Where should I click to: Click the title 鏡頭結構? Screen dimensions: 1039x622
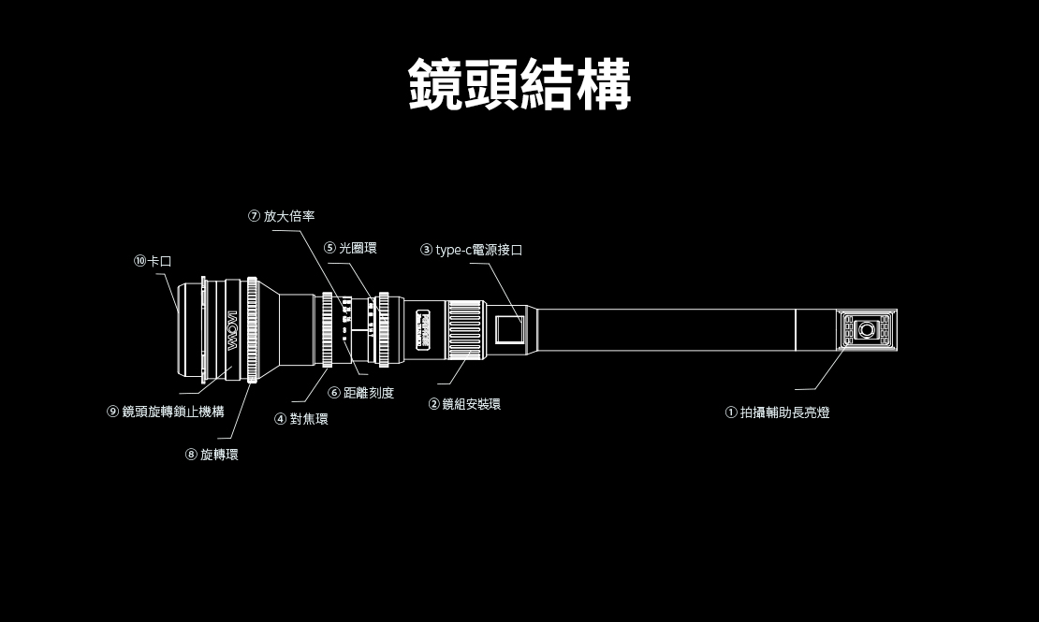(519, 84)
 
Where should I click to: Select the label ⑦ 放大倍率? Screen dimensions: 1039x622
(282, 216)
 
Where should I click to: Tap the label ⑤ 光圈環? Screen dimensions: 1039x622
(350, 248)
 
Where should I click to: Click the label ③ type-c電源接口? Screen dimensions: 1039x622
(471, 250)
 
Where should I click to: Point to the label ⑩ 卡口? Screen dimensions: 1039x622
(153, 261)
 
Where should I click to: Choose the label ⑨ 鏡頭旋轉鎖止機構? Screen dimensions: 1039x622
(166, 412)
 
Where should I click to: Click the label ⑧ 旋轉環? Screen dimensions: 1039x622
(212, 455)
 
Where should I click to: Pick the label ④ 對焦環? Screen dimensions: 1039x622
(300, 419)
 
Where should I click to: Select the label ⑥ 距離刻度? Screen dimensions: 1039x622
(361, 393)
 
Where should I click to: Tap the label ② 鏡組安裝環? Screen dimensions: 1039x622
(464, 404)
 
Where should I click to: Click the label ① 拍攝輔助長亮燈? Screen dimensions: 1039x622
(777, 412)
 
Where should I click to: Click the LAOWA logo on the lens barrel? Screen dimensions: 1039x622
(232, 330)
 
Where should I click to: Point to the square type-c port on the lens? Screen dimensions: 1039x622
(509, 330)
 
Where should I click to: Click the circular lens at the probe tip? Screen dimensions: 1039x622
(866, 329)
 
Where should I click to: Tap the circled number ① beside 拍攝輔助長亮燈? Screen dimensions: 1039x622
(731, 412)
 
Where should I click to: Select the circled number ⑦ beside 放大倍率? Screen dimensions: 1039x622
(254, 216)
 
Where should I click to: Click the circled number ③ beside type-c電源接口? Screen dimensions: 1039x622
(426, 250)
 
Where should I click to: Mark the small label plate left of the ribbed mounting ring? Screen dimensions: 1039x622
(423, 330)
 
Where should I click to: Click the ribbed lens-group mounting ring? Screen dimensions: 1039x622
(466, 329)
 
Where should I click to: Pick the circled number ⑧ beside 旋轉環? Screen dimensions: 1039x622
(191, 455)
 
